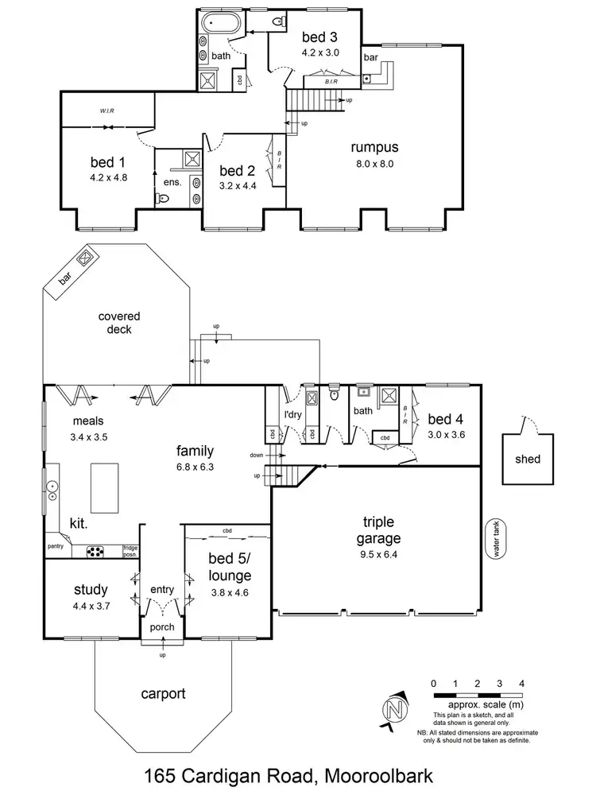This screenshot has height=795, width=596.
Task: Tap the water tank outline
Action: click(500, 540)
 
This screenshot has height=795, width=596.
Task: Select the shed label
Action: click(528, 459)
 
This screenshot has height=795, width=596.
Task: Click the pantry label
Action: click(56, 547)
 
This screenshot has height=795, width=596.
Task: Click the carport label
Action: click(163, 694)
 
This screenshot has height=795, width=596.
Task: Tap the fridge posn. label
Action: click(130, 550)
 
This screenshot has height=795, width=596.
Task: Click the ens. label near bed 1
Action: click(172, 182)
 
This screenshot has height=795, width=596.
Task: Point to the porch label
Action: click(163, 628)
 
